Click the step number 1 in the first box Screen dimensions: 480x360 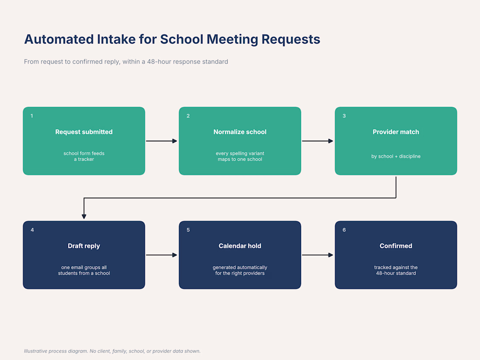(32, 116)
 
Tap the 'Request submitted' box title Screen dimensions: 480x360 (84, 132)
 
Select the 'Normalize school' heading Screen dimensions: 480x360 (240, 132)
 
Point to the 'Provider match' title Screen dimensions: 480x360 (396, 132)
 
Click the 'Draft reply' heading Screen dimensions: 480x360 (84, 246)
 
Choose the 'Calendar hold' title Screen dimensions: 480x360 (240, 246)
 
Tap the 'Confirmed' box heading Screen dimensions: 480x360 (396, 246)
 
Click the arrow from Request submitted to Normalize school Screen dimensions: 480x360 (161, 141)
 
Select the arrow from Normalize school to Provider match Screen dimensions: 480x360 (317, 141)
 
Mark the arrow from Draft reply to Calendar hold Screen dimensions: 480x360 (161, 255)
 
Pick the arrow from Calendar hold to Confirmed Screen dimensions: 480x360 (317, 255)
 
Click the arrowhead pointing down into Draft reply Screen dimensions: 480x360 (84, 217)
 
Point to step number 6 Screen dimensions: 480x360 (344, 230)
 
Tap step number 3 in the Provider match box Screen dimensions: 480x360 (344, 116)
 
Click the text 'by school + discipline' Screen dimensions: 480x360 (396, 156)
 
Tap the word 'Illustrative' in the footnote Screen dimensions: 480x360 (35, 351)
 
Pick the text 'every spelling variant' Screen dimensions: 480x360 (240, 153)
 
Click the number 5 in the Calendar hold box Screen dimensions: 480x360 (188, 230)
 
